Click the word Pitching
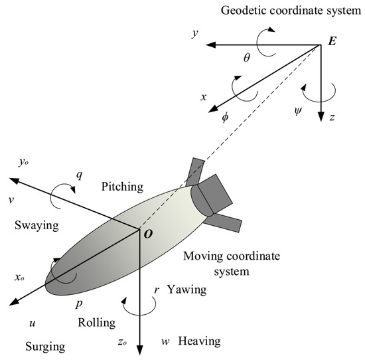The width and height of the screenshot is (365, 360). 123,189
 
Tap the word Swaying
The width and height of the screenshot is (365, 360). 36,225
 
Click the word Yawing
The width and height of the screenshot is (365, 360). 187,290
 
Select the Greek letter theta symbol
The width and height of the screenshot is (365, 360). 247,58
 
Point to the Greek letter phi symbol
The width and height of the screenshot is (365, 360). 224,117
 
